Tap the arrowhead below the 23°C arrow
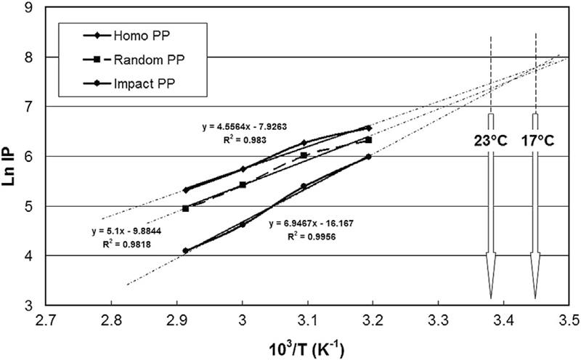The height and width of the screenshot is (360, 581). [x=491, y=279]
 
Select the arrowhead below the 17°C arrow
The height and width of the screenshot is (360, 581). [x=536, y=279]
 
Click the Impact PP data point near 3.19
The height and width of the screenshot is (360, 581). [x=368, y=157]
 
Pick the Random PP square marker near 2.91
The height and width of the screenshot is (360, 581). [x=185, y=208]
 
